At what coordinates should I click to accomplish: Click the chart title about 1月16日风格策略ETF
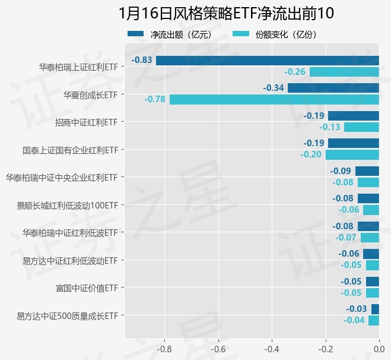(226, 12)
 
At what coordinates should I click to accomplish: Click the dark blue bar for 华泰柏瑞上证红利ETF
(267, 60)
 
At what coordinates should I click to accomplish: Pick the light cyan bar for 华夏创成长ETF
(274, 99)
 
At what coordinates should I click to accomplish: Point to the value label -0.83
(142, 60)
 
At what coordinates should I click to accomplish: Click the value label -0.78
(155, 99)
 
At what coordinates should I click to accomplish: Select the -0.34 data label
(274, 88)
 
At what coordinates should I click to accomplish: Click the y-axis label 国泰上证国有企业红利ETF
(70, 150)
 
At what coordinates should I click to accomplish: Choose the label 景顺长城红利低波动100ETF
(68, 206)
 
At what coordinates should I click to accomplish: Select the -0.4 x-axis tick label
(272, 349)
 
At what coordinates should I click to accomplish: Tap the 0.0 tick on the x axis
(379, 349)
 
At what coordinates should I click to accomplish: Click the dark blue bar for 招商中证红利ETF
(354, 116)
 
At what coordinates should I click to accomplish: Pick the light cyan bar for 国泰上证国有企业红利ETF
(352, 154)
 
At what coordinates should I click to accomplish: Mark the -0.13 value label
(330, 127)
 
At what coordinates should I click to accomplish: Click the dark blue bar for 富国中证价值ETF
(372, 282)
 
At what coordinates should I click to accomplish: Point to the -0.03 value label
(357, 309)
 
